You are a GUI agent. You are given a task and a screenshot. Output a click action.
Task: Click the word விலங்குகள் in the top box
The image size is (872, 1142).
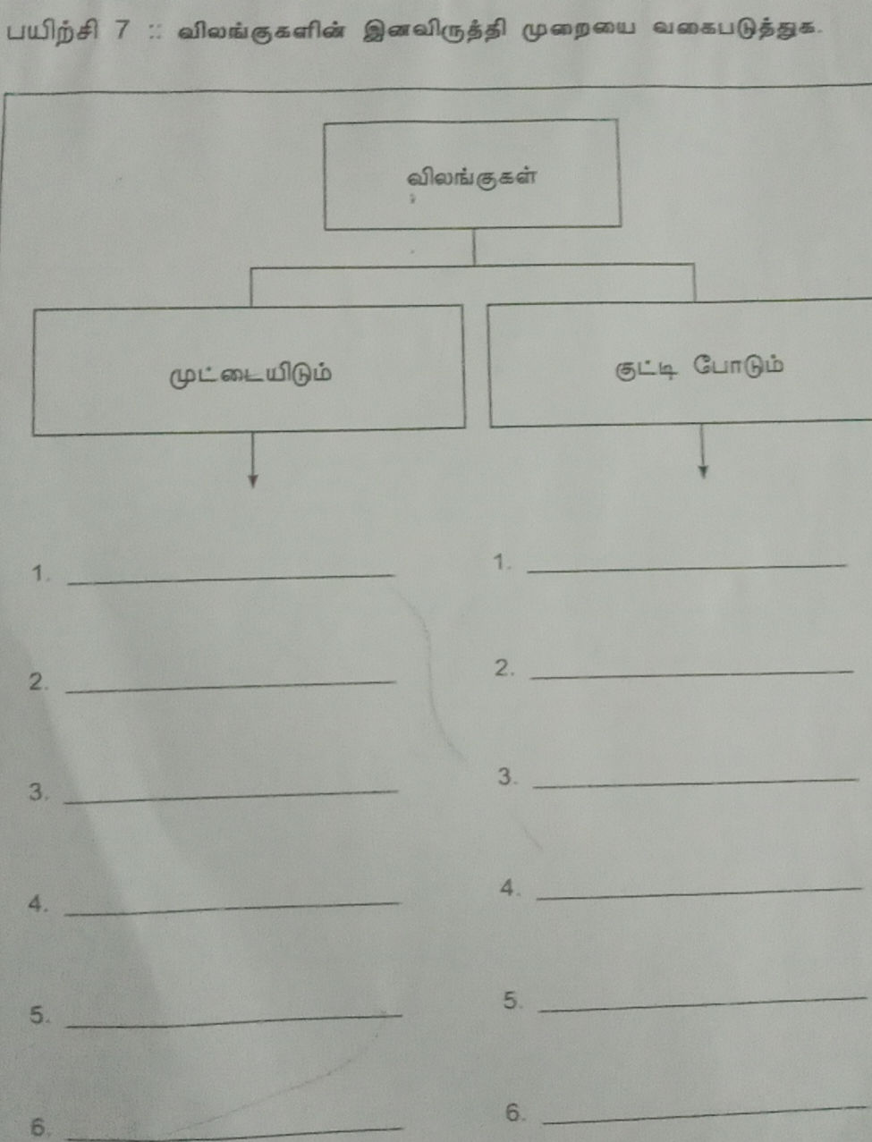471,179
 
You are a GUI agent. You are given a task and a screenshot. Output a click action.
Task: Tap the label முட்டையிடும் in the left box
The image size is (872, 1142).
250,375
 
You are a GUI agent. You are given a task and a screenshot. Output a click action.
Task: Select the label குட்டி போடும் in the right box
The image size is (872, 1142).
698,368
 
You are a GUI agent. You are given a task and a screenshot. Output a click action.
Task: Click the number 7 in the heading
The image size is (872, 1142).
122,30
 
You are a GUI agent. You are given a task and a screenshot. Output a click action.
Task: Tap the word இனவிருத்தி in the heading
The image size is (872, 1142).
434,32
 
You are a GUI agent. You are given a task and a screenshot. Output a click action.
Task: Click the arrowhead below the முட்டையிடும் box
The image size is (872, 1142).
253,481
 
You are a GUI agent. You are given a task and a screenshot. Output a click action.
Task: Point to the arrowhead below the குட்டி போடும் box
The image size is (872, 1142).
704,471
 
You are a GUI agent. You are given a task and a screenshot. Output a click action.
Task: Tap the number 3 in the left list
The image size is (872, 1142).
38,791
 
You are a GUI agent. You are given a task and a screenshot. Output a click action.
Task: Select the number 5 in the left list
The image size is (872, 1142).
38,1014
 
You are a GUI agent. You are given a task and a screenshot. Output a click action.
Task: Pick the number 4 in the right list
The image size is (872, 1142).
508,888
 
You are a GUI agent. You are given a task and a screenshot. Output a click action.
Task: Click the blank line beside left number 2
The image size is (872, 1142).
231,687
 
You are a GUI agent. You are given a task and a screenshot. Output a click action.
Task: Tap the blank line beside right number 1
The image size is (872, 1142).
687,569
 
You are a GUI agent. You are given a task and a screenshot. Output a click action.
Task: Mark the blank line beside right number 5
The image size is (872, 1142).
704,1004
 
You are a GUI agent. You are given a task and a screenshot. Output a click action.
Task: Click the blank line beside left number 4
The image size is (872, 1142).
232,909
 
